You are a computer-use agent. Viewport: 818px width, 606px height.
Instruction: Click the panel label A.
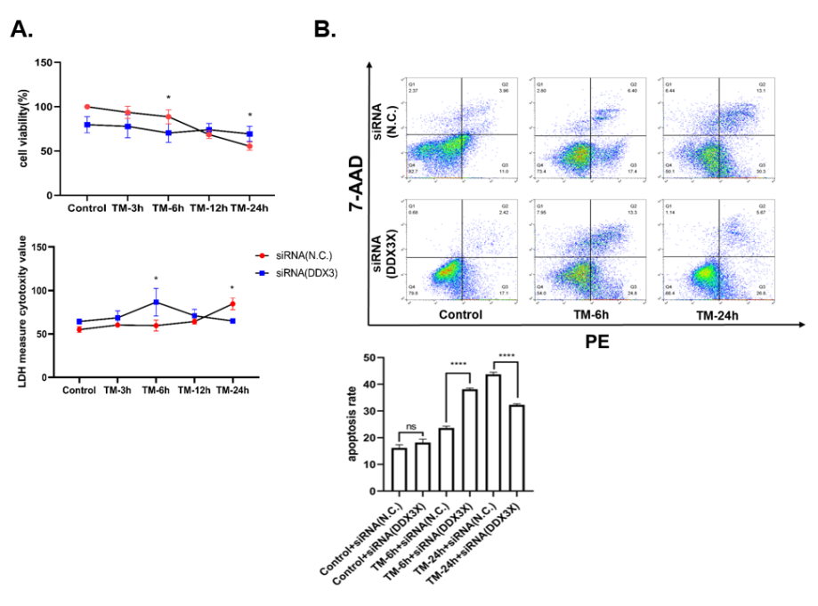pos(21,29)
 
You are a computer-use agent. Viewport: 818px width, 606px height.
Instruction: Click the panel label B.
pos(326,29)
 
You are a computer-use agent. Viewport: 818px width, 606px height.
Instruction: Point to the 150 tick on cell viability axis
pos(40,63)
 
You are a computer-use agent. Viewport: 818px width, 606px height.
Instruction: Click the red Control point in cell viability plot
pos(86,107)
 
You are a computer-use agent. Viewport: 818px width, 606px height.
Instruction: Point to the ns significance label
pos(411,426)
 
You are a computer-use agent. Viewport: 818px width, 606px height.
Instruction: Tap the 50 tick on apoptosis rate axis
pos(379,358)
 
